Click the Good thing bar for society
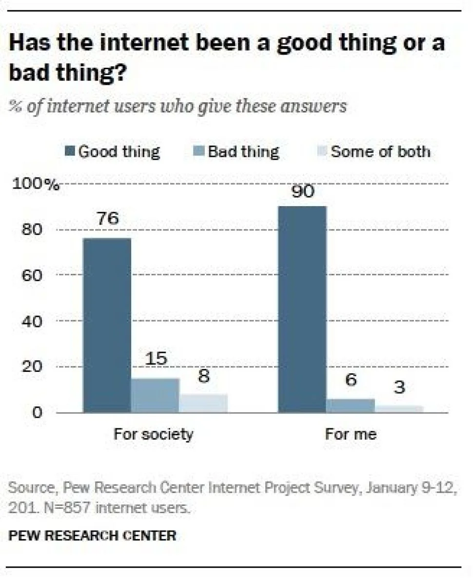(107, 325)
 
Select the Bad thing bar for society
(155, 395)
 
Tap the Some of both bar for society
(203, 403)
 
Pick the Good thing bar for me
(302, 309)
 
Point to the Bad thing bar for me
(350, 405)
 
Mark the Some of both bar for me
(399, 409)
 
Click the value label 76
(108, 219)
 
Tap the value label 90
(301, 191)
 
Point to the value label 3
(398, 388)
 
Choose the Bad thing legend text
(243, 152)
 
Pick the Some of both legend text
(380, 152)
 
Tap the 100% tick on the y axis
(37, 184)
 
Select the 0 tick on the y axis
(37, 413)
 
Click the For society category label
(153, 434)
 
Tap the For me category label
(351, 434)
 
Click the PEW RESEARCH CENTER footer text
(92, 536)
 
